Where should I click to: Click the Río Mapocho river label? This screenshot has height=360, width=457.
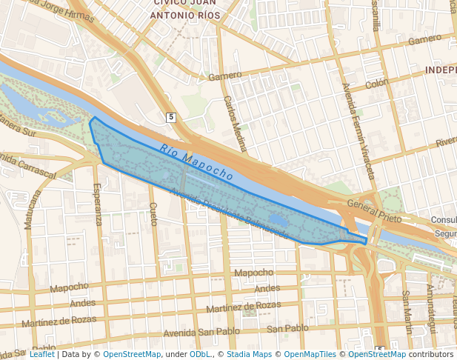(196, 161)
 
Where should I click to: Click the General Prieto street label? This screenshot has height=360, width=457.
(374, 213)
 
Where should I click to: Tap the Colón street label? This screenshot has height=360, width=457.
(376, 84)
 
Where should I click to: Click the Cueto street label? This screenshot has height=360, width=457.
(153, 215)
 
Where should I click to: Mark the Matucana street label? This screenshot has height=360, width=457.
(33, 209)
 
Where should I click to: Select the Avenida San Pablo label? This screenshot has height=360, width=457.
(193, 333)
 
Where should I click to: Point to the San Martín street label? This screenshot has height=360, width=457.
(407, 304)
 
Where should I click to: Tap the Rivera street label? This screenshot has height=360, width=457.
(446, 141)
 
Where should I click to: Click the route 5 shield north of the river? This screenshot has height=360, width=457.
(171, 117)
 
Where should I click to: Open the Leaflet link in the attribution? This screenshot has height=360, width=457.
(41, 354)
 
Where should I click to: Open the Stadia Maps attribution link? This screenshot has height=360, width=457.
(249, 354)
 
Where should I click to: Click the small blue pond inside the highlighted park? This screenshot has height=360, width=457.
(278, 220)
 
